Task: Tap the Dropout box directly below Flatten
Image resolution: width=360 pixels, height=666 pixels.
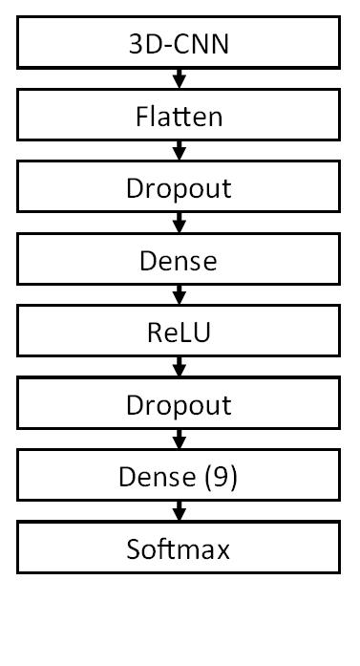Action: (x=179, y=187)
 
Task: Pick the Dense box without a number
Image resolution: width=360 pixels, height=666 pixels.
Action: (x=179, y=260)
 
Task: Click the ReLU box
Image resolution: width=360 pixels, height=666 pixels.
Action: (x=179, y=333)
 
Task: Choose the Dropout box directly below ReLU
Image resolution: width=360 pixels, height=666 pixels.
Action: (x=179, y=405)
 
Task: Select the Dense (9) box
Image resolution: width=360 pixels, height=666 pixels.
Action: (x=179, y=477)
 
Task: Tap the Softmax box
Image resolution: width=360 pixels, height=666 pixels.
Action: (x=179, y=549)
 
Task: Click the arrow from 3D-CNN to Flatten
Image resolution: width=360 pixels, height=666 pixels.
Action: (x=179, y=78)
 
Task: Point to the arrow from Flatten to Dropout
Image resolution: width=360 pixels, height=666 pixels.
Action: (x=179, y=151)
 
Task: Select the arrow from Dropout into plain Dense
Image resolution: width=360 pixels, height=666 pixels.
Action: (x=179, y=224)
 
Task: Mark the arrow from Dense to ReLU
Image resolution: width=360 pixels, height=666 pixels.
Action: (x=179, y=296)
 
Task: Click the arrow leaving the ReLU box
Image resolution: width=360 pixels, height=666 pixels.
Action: (x=179, y=369)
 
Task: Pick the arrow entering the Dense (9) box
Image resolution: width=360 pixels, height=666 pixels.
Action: (x=179, y=441)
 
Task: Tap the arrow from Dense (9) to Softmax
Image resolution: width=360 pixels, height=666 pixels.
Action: (x=179, y=514)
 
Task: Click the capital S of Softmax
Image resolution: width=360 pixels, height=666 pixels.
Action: (x=133, y=549)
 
